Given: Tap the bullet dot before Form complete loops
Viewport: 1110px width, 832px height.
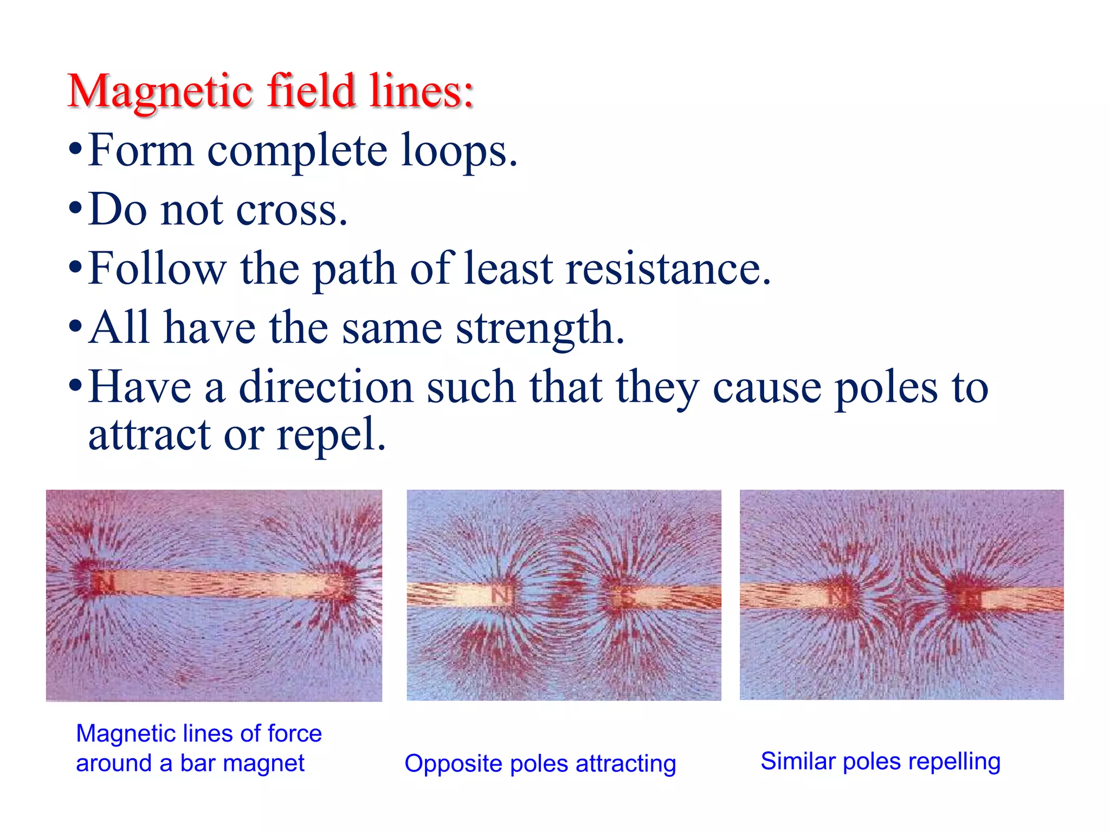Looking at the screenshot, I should tap(75, 149).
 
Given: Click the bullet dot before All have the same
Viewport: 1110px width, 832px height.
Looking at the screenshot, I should tap(75, 327).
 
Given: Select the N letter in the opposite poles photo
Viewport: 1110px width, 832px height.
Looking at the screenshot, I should tap(501, 595).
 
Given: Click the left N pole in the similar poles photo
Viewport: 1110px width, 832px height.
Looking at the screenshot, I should tap(840, 596).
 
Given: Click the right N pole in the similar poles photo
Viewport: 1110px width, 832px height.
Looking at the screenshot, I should tap(970, 599).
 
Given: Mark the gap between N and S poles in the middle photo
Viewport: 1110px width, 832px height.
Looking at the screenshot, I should tap(564, 596).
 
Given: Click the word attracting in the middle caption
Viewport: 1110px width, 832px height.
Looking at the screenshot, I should tap(625, 764).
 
